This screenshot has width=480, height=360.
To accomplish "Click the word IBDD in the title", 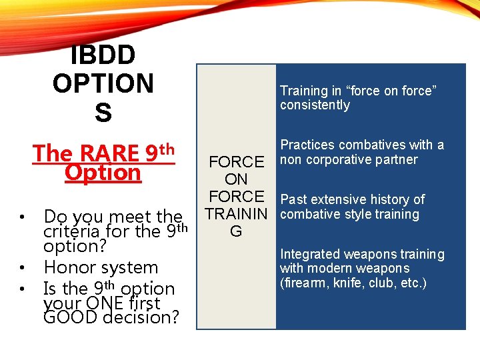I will (x=103, y=55).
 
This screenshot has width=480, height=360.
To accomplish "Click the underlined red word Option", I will (x=103, y=173).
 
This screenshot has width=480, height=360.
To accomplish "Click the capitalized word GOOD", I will (x=71, y=317).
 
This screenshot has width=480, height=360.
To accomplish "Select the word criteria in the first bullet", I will (x=69, y=231).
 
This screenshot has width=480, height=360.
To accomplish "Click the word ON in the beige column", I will (x=236, y=179).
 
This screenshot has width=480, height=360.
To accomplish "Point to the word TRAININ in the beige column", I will (x=236, y=214).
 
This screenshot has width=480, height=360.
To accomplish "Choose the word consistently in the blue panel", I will (x=315, y=105).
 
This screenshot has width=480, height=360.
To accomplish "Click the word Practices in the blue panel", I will (x=308, y=145).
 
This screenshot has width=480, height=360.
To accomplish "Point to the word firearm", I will (x=303, y=283).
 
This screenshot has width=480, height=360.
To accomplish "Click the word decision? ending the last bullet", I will (x=143, y=317).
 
